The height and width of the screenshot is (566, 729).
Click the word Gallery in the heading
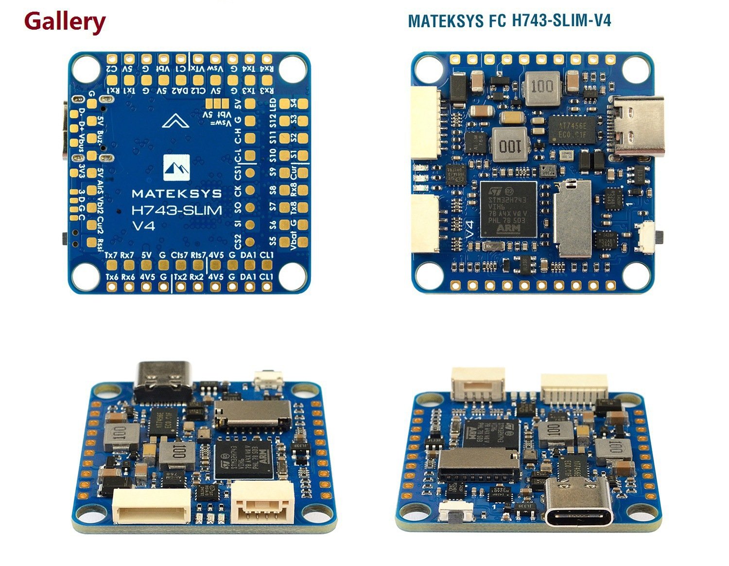[x=65, y=21]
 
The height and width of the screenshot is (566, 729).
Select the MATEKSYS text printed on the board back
[x=176, y=193]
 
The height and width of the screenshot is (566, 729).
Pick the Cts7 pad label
[x=180, y=255]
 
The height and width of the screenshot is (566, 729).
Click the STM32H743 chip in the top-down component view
[x=508, y=209]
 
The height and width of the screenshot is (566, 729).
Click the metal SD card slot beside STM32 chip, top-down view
[x=573, y=218]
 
